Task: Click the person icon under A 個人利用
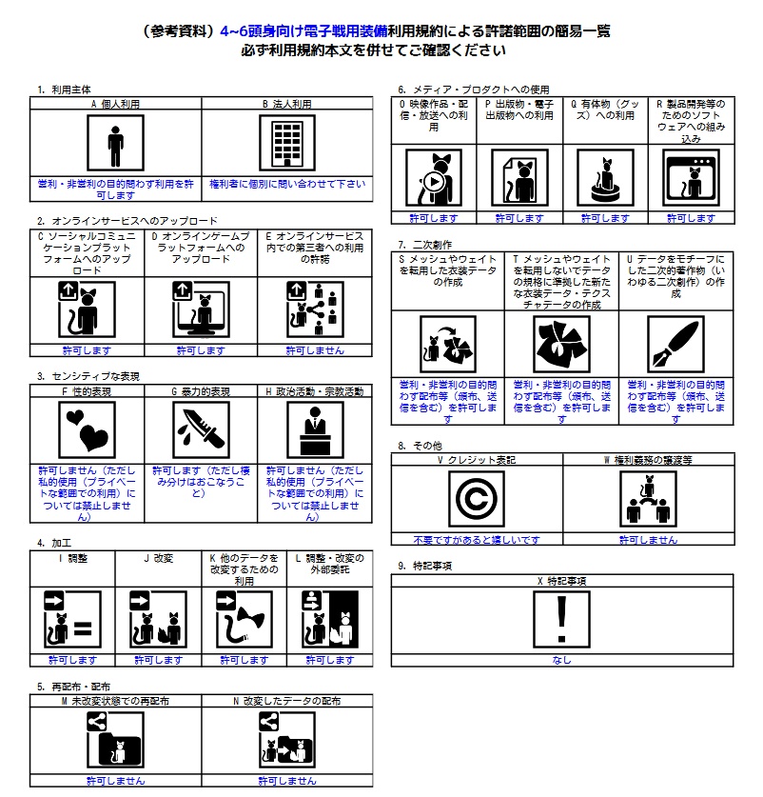(x=115, y=144)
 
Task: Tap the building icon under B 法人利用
(x=286, y=144)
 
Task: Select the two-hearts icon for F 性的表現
(x=87, y=429)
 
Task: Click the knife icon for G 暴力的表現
(x=201, y=429)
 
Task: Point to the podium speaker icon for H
(x=315, y=429)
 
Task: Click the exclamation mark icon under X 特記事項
(x=562, y=620)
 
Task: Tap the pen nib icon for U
(x=675, y=344)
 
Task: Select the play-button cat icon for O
(x=434, y=178)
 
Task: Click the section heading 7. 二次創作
(x=424, y=245)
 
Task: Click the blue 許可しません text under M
(x=115, y=781)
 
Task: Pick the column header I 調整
(x=72, y=557)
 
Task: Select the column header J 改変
(x=157, y=557)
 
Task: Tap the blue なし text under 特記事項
(x=562, y=660)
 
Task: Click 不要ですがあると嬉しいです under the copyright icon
(x=477, y=540)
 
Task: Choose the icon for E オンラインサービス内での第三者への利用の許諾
(x=315, y=310)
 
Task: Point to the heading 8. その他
(x=420, y=445)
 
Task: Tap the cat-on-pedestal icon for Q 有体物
(x=605, y=178)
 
